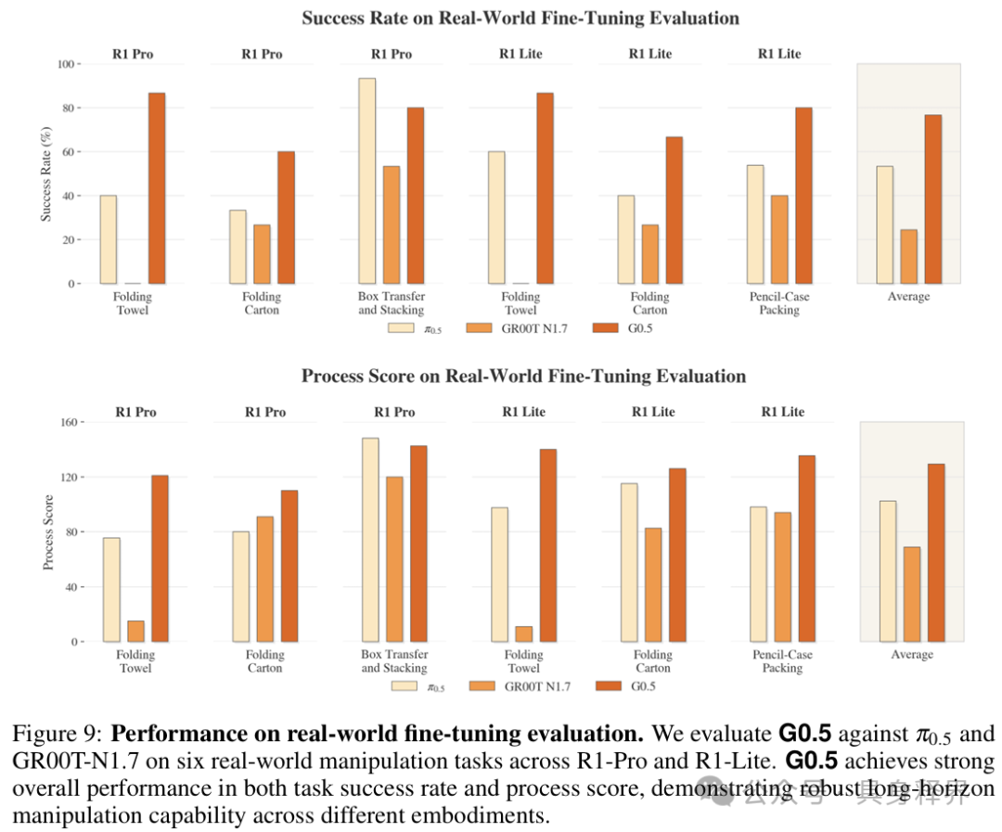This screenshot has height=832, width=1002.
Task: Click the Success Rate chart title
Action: (x=520, y=18)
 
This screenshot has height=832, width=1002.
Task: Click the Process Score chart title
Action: (x=523, y=376)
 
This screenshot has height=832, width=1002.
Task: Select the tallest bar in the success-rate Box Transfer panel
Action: (x=366, y=181)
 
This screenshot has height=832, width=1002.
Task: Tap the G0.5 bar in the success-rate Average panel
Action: (x=933, y=199)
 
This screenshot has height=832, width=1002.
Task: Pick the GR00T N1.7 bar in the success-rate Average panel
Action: (x=908, y=257)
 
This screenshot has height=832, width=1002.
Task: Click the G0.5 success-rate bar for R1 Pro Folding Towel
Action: (x=157, y=188)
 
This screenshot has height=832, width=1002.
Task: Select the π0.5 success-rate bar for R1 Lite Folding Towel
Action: (x=496, y=218)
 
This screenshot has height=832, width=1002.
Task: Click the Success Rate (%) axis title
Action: (x=45, y=173)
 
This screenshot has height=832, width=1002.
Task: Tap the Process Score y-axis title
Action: (x=48, y=532)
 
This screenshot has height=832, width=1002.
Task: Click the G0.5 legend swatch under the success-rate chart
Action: (x=605, y=327)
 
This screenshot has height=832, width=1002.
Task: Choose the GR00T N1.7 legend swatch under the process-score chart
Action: (x=482, y=685)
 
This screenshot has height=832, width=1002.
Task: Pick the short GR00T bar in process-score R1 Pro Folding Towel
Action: (x=135, y=632)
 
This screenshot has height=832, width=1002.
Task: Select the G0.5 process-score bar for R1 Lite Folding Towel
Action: (x=548, y=545)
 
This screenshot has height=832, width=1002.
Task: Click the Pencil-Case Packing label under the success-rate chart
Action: (x=779, y=303)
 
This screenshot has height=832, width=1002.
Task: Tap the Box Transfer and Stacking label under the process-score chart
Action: (x=394, y=660)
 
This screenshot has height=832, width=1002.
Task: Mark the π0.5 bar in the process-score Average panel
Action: (x=888, y=571)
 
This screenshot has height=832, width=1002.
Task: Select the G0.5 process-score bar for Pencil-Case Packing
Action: (x=807, y=549)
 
